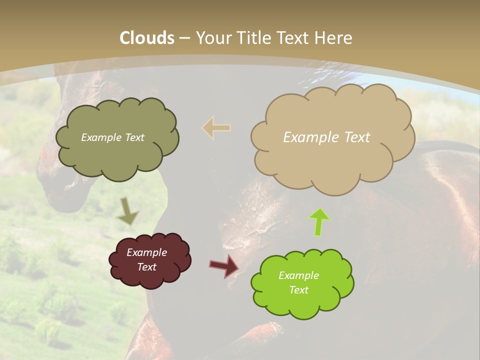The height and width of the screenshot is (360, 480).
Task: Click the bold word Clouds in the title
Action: click(147, 38)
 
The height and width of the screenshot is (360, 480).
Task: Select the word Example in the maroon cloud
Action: click(146, 252)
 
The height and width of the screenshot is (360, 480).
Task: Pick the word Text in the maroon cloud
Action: click(146, 267)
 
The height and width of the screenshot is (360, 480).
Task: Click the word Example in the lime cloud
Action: click(298, 275)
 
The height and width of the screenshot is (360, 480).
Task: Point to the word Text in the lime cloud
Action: click(298, 290)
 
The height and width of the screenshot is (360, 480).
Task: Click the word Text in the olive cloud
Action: click(133, 137)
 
